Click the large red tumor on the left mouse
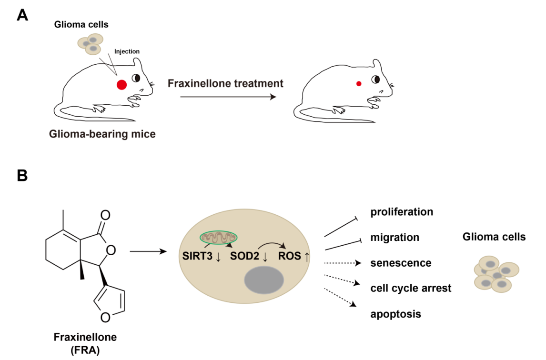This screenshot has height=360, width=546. (121, 85)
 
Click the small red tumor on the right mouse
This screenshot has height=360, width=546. (359, 83)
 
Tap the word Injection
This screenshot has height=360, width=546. (127, 51)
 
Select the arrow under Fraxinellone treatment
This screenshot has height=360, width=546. (228, 97)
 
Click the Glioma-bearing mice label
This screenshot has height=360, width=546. (102, 134)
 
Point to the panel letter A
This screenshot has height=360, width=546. (23, 15)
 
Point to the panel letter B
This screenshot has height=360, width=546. (22, 175)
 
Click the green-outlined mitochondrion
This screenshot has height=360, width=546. (218, 238)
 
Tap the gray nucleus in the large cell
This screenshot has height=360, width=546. (264, 280)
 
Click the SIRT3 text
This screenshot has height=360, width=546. (197, 256)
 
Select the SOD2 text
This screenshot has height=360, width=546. (244, 256)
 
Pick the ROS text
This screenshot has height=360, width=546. (289, 256)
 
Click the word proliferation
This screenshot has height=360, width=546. (402, 212)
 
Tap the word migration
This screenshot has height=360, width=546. (395, 238)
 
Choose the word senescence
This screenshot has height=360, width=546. (401, 263)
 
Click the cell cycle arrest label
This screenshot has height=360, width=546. (411, 288)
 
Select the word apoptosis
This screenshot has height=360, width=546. (395, 314)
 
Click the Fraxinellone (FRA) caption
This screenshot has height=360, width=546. (85, 343)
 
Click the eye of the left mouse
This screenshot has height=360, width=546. (136, 78)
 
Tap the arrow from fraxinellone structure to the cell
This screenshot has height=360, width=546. (149, 251)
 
